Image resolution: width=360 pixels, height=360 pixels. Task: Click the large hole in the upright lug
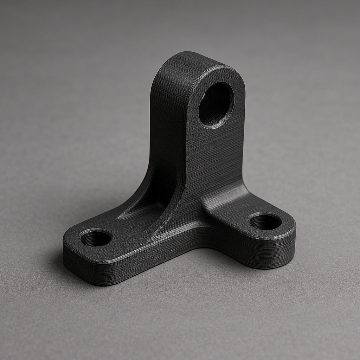click(216, 104)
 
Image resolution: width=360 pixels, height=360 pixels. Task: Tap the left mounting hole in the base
click(96, 238)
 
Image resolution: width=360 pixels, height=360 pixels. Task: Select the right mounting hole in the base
click(265, 221)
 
